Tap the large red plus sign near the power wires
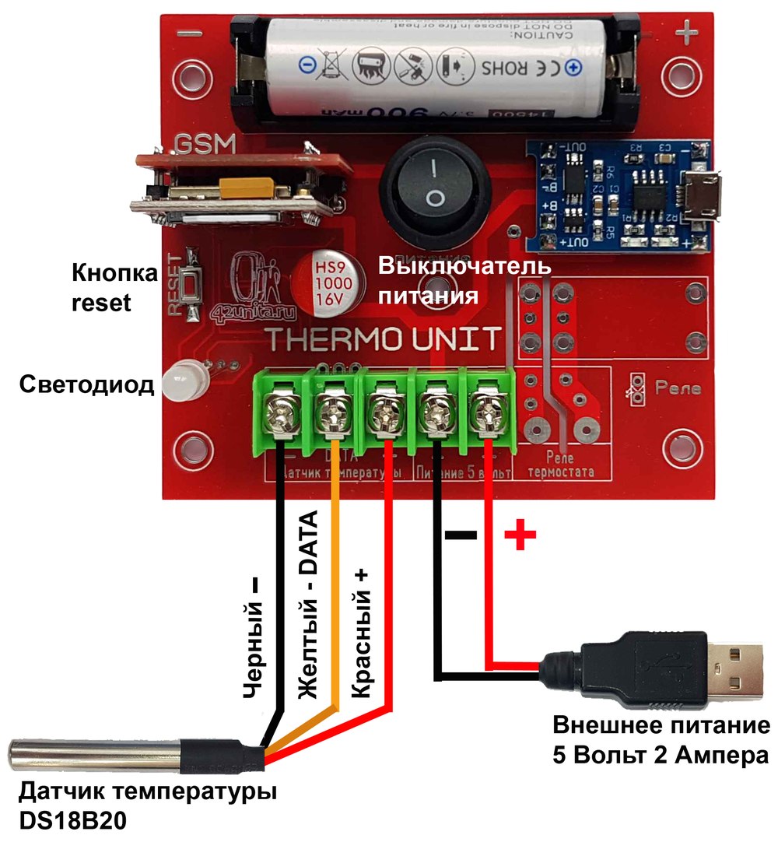(520, 535)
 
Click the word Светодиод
(87, 385)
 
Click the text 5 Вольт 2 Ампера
(660, 754)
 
